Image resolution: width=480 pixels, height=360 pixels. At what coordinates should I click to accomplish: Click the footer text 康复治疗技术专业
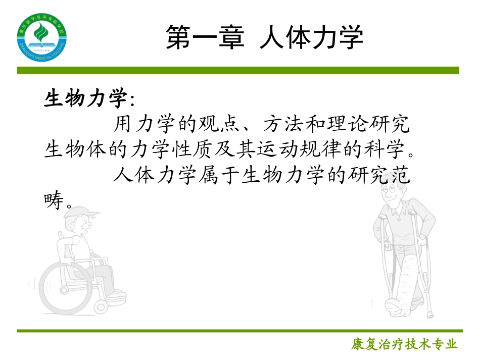pyautogui.click(x=404, y=344)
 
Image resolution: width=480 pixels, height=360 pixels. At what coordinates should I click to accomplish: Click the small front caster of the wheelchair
pyautogui.click(x=102, y=305)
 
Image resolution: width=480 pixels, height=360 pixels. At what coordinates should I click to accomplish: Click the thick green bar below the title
pyautogui.click(x=238, y=70)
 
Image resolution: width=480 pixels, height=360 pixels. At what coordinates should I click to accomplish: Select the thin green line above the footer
pyautogui.click(x=238, y=331)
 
